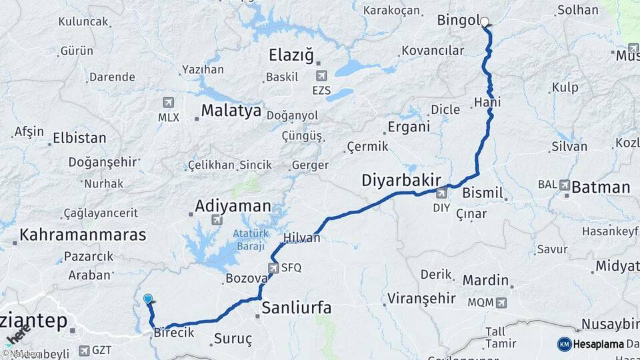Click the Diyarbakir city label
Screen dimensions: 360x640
402,180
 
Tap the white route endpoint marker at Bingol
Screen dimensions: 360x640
485,22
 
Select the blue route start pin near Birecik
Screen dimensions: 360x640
147,300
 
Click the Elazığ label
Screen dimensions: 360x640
291,55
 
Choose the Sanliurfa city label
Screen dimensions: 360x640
296,308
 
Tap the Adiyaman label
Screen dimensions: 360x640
233,205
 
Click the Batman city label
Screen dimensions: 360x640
601,187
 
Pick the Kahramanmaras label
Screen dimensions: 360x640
83,235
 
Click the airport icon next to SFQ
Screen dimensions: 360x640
273,268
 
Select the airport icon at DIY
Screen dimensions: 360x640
441,193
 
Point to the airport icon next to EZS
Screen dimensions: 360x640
323,76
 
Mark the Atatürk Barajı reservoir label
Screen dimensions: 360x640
250,240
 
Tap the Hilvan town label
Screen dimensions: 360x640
302,237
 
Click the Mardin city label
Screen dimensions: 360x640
485,280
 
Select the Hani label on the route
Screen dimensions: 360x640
487,102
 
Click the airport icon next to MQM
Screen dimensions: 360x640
500,303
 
